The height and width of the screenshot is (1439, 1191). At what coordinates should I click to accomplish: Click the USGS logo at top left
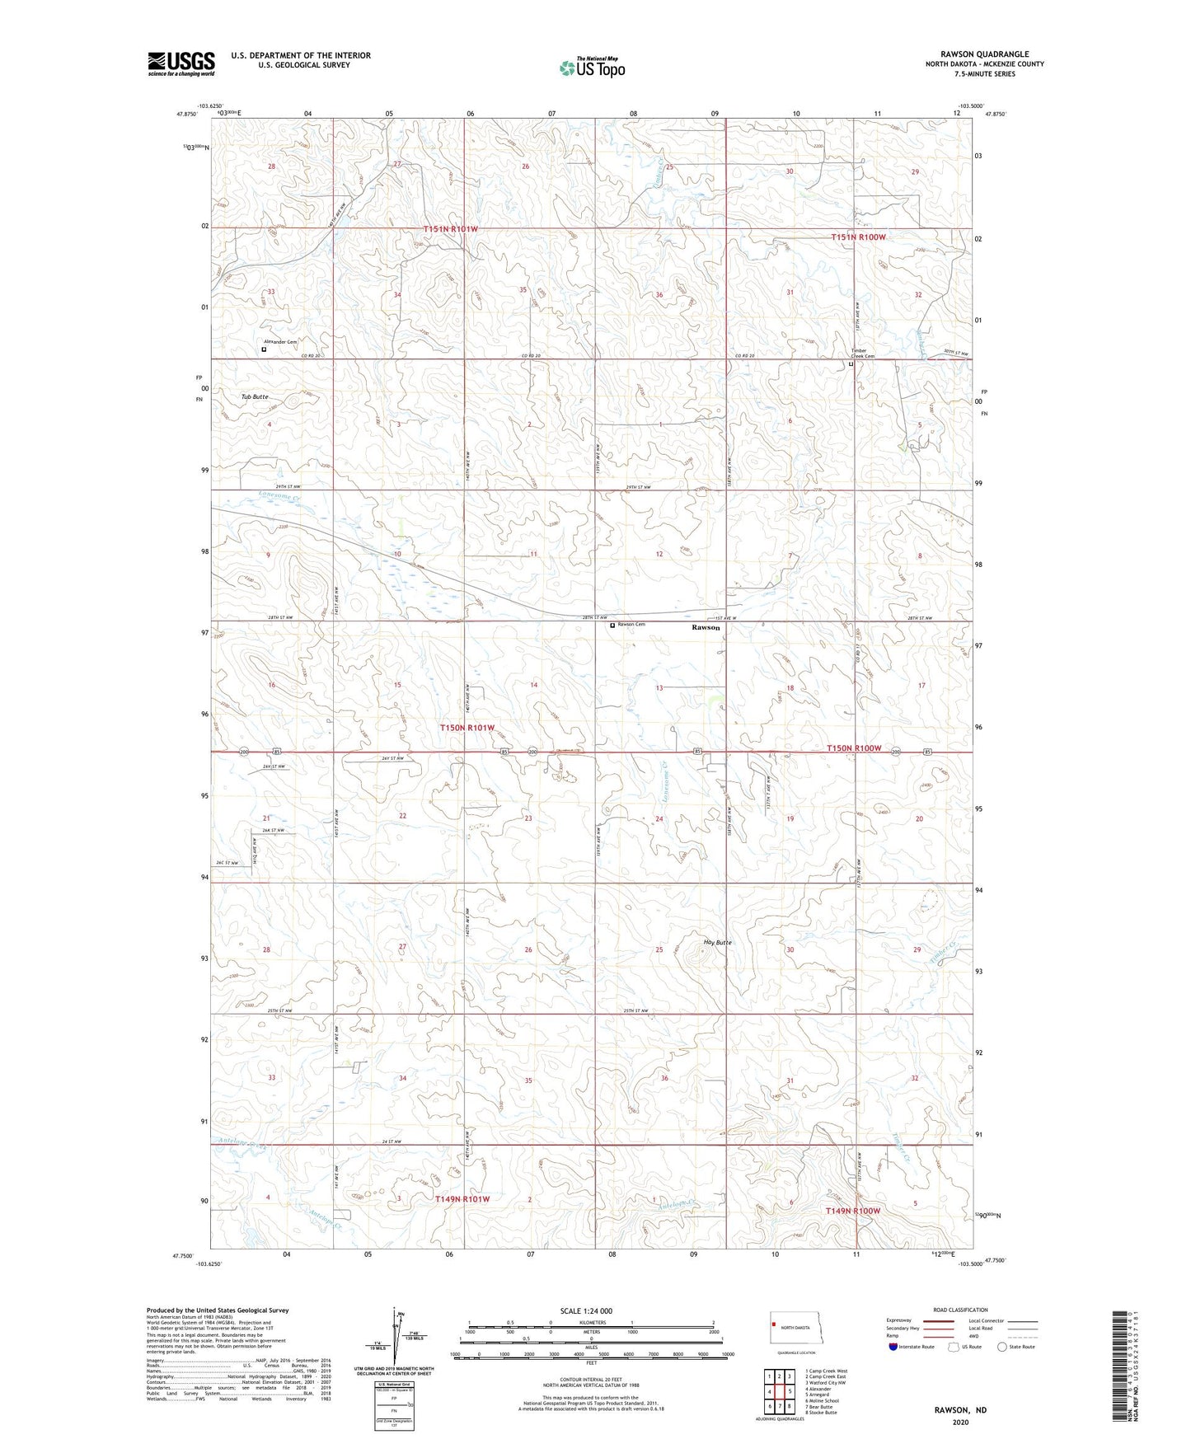[x=181, y=63]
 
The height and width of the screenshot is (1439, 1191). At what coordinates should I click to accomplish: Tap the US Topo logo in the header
[x=591, y=68]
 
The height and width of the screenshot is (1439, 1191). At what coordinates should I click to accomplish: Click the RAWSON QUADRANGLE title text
[x=984, y=54]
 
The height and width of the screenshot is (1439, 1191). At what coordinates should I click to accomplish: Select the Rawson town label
[x=706, y=627]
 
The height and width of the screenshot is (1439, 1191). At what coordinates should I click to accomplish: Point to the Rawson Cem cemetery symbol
[x=612, y=626]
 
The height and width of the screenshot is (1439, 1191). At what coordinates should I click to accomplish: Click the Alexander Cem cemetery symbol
[x=264, y=349]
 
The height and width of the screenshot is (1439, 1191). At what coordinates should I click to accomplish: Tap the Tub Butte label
[x=255, y=397]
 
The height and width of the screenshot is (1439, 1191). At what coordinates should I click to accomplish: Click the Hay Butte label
[x=717, y=942]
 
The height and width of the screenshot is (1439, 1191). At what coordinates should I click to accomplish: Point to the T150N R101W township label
[x=467, y=728]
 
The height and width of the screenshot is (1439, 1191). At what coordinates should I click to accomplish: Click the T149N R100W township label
[x=853, y=1211]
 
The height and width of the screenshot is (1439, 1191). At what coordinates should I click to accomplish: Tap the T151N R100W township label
[x=858, y=237]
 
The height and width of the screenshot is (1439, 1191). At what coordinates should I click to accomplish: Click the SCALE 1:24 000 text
[x=586, y=1310]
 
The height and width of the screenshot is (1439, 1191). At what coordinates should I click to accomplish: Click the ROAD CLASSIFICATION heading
[x=960, y=1310]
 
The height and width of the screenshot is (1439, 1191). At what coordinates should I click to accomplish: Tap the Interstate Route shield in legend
[x=894, y=1348]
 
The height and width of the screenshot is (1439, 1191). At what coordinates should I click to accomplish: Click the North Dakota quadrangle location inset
[x=795, y=1329]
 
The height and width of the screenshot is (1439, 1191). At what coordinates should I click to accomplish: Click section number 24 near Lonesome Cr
[x=659, y=819]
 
